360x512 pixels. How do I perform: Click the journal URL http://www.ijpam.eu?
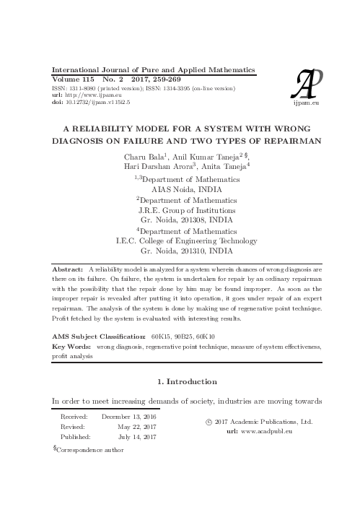tap(87, 95)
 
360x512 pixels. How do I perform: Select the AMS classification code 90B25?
tap(184, 337)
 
